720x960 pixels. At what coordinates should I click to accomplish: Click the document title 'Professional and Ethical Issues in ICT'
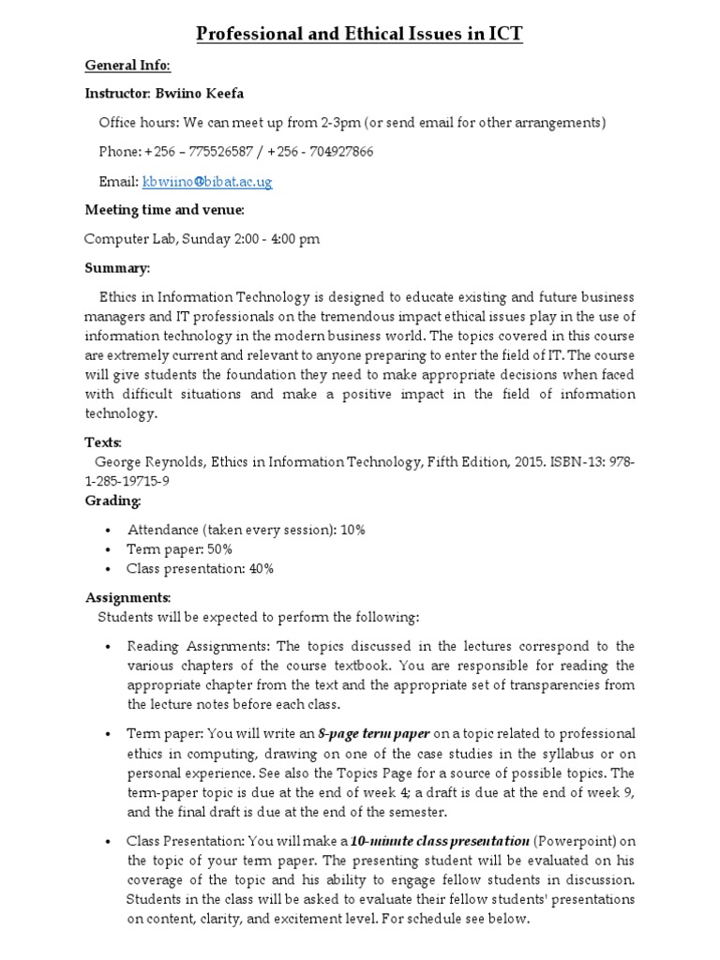359,35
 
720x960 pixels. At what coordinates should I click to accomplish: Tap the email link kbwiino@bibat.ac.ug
207,181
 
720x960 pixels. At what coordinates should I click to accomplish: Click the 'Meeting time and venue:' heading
165,210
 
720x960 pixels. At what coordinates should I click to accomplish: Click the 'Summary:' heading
117,268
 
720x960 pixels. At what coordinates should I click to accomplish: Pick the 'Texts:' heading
103,442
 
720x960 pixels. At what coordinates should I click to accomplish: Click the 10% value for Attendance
352,530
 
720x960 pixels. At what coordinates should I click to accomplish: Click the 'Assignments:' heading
127,597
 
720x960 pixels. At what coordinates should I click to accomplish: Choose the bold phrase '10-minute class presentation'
445,840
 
